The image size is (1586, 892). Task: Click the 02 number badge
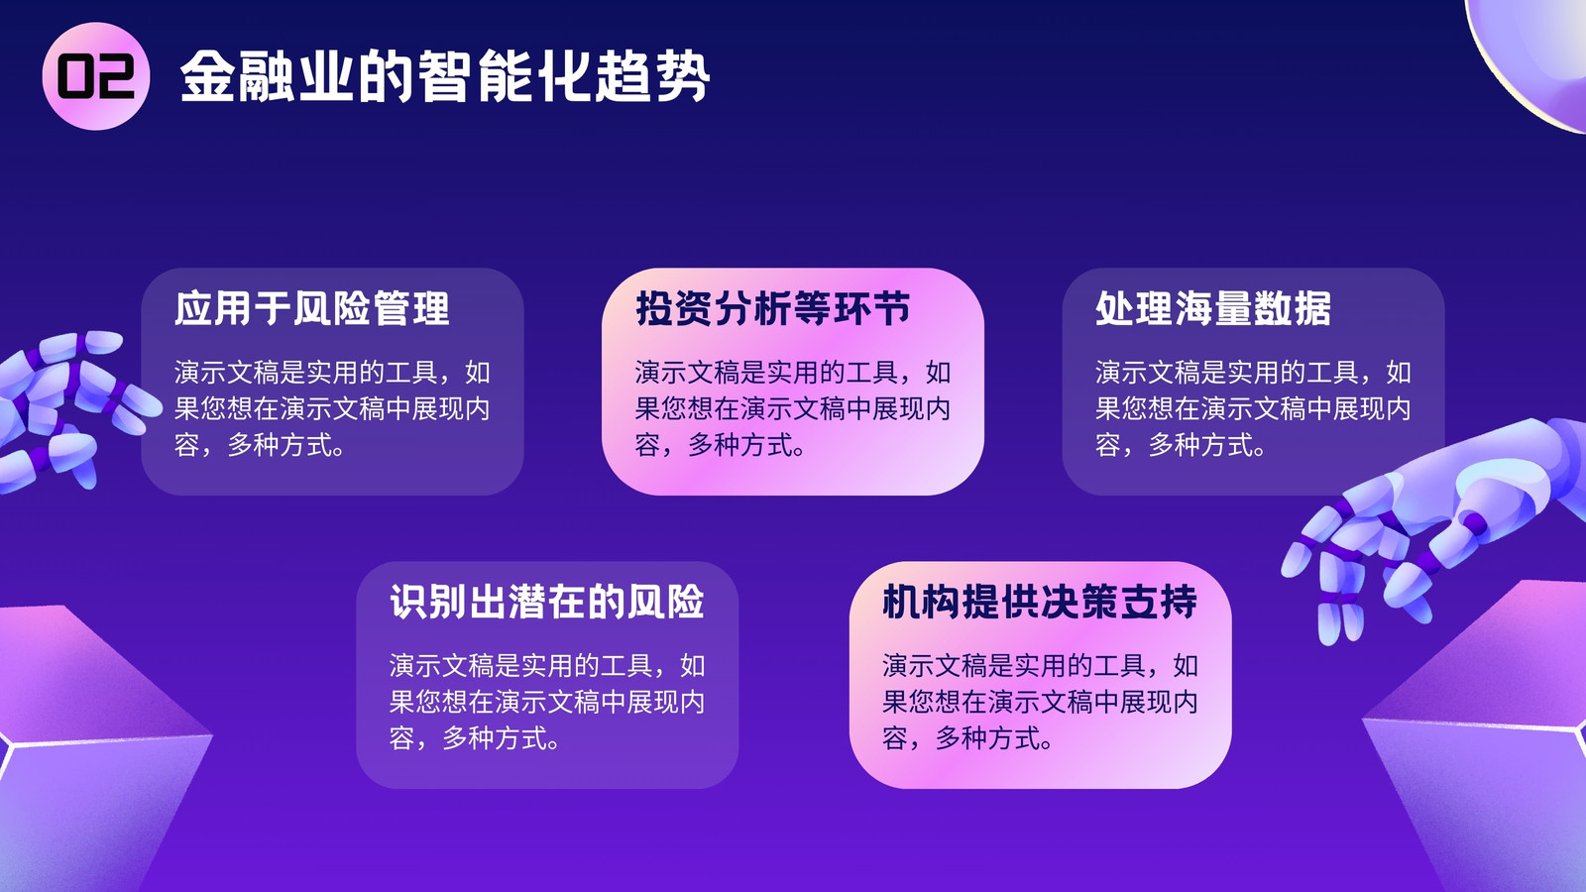coord(95,75)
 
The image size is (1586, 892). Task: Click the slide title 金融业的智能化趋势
coord(445,76)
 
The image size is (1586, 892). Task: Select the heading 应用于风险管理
coord(311,308)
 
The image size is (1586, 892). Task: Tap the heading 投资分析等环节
coord(772,308)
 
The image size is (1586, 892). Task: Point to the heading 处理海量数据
coord(1213,308)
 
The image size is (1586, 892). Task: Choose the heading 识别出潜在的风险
coord(546,602)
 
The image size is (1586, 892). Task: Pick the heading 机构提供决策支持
coord(1040,602)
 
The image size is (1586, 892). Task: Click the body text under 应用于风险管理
coord(332,408)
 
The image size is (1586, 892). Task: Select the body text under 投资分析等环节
coord(792,408)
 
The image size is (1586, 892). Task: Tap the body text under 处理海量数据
coord(1253,408)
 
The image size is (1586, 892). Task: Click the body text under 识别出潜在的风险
coord(546,702)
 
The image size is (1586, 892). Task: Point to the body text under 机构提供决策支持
coord(1040,702)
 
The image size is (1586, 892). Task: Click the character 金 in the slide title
coord(207,76)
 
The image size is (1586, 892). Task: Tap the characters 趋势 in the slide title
coord(651,76)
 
